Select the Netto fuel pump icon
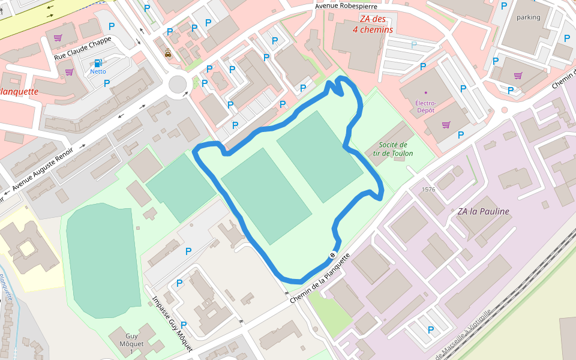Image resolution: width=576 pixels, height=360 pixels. (x=98, y=62)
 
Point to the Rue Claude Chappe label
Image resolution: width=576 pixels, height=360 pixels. (x=83, y=48)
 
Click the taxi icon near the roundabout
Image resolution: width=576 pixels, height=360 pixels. (x=169, y=53)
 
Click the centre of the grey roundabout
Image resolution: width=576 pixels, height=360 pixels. (x=178, y=85)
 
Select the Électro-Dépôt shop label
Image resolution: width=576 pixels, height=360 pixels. (x=425, y=106)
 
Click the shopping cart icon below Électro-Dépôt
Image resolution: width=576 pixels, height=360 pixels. (x=446, y=125)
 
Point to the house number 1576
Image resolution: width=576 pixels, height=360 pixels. (x=428, y=189)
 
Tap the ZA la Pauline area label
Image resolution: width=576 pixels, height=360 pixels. (x=483, y=211)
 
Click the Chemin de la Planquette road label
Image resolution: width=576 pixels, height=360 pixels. (x=320, y=278)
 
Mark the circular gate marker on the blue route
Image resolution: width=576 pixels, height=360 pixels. (x=332, y=256)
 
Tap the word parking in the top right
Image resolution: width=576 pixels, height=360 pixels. (x=528, y=17)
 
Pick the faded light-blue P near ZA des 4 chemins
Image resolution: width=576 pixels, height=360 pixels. (x=413, y=44)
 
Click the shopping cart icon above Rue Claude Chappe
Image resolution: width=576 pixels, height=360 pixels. (x=58, y=37)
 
